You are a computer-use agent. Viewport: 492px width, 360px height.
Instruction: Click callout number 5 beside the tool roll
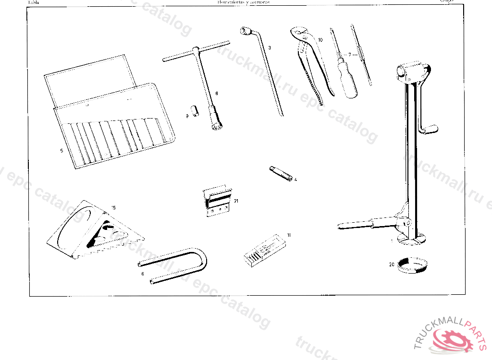tap(61, 150)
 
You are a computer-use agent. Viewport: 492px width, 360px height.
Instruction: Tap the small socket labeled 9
tap(196, 110)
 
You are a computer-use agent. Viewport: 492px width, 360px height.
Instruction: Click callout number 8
tap(217, 93)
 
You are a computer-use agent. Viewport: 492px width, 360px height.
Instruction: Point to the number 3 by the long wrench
tap(270, 48)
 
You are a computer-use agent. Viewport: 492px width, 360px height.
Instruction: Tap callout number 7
tap(350, 54)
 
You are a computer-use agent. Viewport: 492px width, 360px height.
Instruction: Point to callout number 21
tap(236, 201)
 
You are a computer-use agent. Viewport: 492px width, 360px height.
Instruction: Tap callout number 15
tap(113, 208)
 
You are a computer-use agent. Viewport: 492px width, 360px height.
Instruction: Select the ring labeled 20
tap(411, 265)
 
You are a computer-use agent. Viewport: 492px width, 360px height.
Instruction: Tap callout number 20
tap(392, 264)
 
